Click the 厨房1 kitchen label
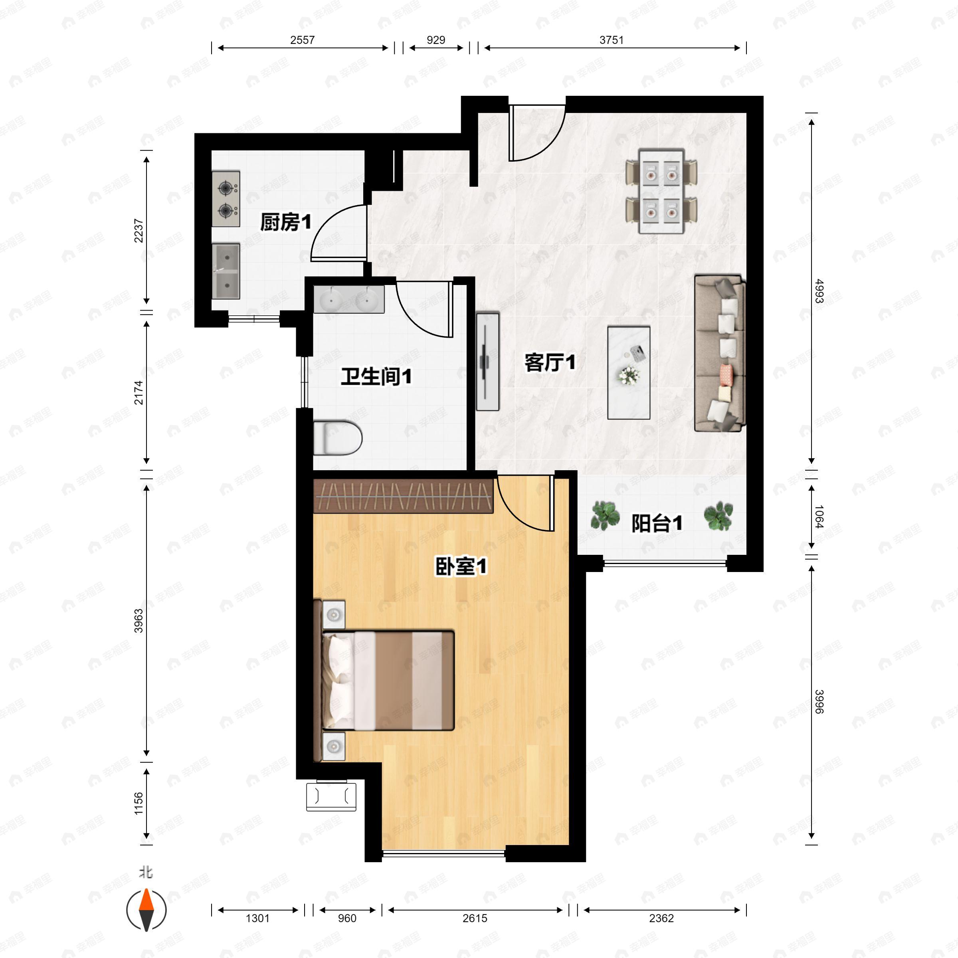click(286, 222)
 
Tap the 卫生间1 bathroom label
click(376, 377)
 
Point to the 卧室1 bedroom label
click(461, 566)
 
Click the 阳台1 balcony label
click(657, 523)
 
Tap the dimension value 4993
click(819, 291)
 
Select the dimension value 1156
click(139, 803)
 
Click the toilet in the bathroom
click(338, 437)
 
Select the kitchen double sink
click(226, 271)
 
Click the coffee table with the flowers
click(629, 372)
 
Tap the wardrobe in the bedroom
click(404, 495)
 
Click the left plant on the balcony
click(605, 515)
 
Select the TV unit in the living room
click(487, 362)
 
